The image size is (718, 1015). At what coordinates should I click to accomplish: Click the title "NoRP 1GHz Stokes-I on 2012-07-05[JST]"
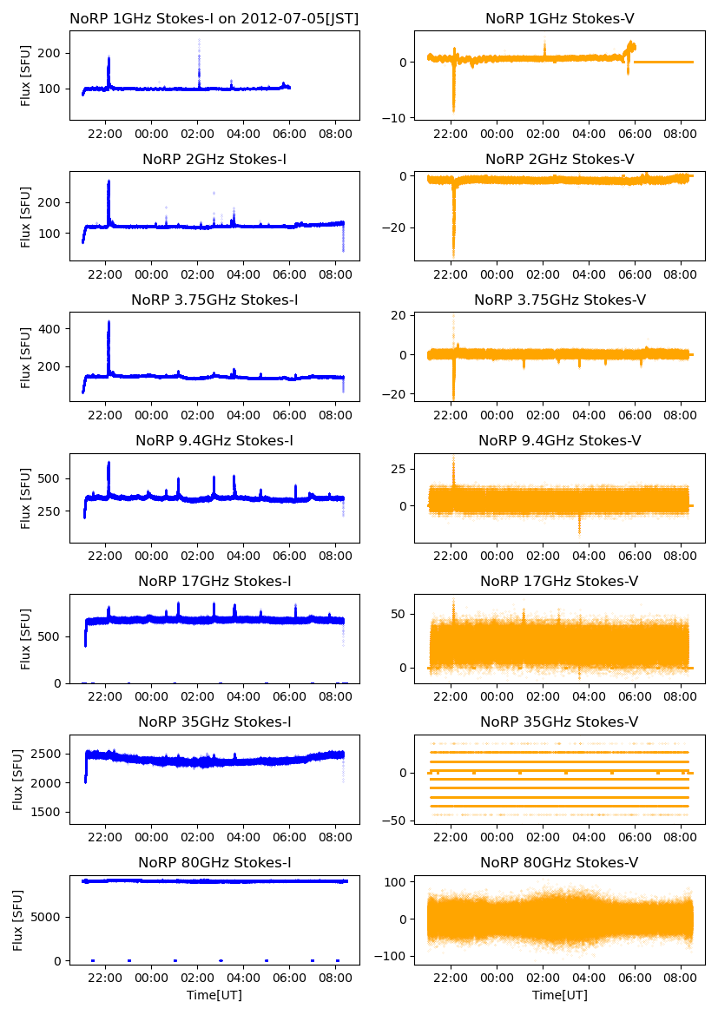[214, 18]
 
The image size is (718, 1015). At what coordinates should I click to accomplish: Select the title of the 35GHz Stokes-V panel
[559, 722]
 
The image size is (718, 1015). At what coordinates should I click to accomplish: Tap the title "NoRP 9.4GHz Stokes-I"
[214, 441]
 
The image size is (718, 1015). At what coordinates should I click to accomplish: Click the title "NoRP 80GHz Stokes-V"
[559, 863]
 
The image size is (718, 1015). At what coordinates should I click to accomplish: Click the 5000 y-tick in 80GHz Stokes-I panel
[47, 916]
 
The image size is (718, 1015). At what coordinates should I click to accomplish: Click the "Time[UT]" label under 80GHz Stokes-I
[214, 995]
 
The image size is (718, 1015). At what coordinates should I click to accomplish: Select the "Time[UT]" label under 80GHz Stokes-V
[559, 995]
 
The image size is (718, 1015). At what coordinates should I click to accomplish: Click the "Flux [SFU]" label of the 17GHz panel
[26, 638]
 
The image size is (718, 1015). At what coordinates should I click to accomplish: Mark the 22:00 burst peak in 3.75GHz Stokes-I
[109, 322]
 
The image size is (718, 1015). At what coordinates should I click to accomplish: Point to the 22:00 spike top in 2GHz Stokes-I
[109, 181]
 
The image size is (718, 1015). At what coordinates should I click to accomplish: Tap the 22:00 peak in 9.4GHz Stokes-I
[109, 463]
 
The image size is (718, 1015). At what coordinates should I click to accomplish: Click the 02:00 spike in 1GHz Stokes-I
[199, 42]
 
